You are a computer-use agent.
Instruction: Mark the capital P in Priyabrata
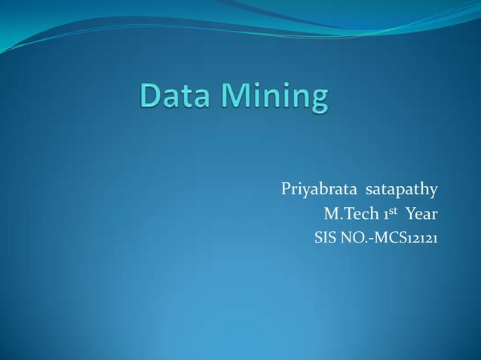286,188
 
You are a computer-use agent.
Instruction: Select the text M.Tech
348,215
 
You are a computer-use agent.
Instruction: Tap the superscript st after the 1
392,211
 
